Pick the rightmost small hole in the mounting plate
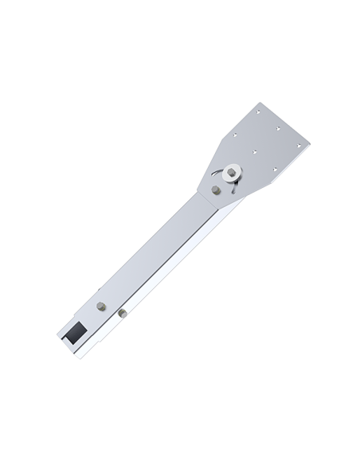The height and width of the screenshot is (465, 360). click(299, 144)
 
